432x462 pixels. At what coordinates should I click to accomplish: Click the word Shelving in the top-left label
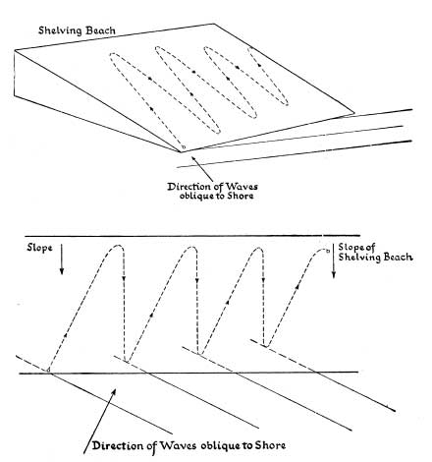[x=60, y=30]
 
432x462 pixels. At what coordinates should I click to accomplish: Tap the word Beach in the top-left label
[x=100, y=30]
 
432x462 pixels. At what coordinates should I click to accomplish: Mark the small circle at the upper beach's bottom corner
[x=184, y=147]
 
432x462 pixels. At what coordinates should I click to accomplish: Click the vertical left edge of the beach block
[x=15, y=73]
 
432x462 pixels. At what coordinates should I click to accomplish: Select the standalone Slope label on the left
[x=39, y=248]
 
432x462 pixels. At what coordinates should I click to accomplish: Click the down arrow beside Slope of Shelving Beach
[x=334, y=261]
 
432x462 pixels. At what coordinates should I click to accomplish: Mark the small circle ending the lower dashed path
[x=327, y=252]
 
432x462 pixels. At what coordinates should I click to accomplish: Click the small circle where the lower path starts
[x=48, y=370]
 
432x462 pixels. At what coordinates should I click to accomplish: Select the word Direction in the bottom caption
[x=118, y=446]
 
